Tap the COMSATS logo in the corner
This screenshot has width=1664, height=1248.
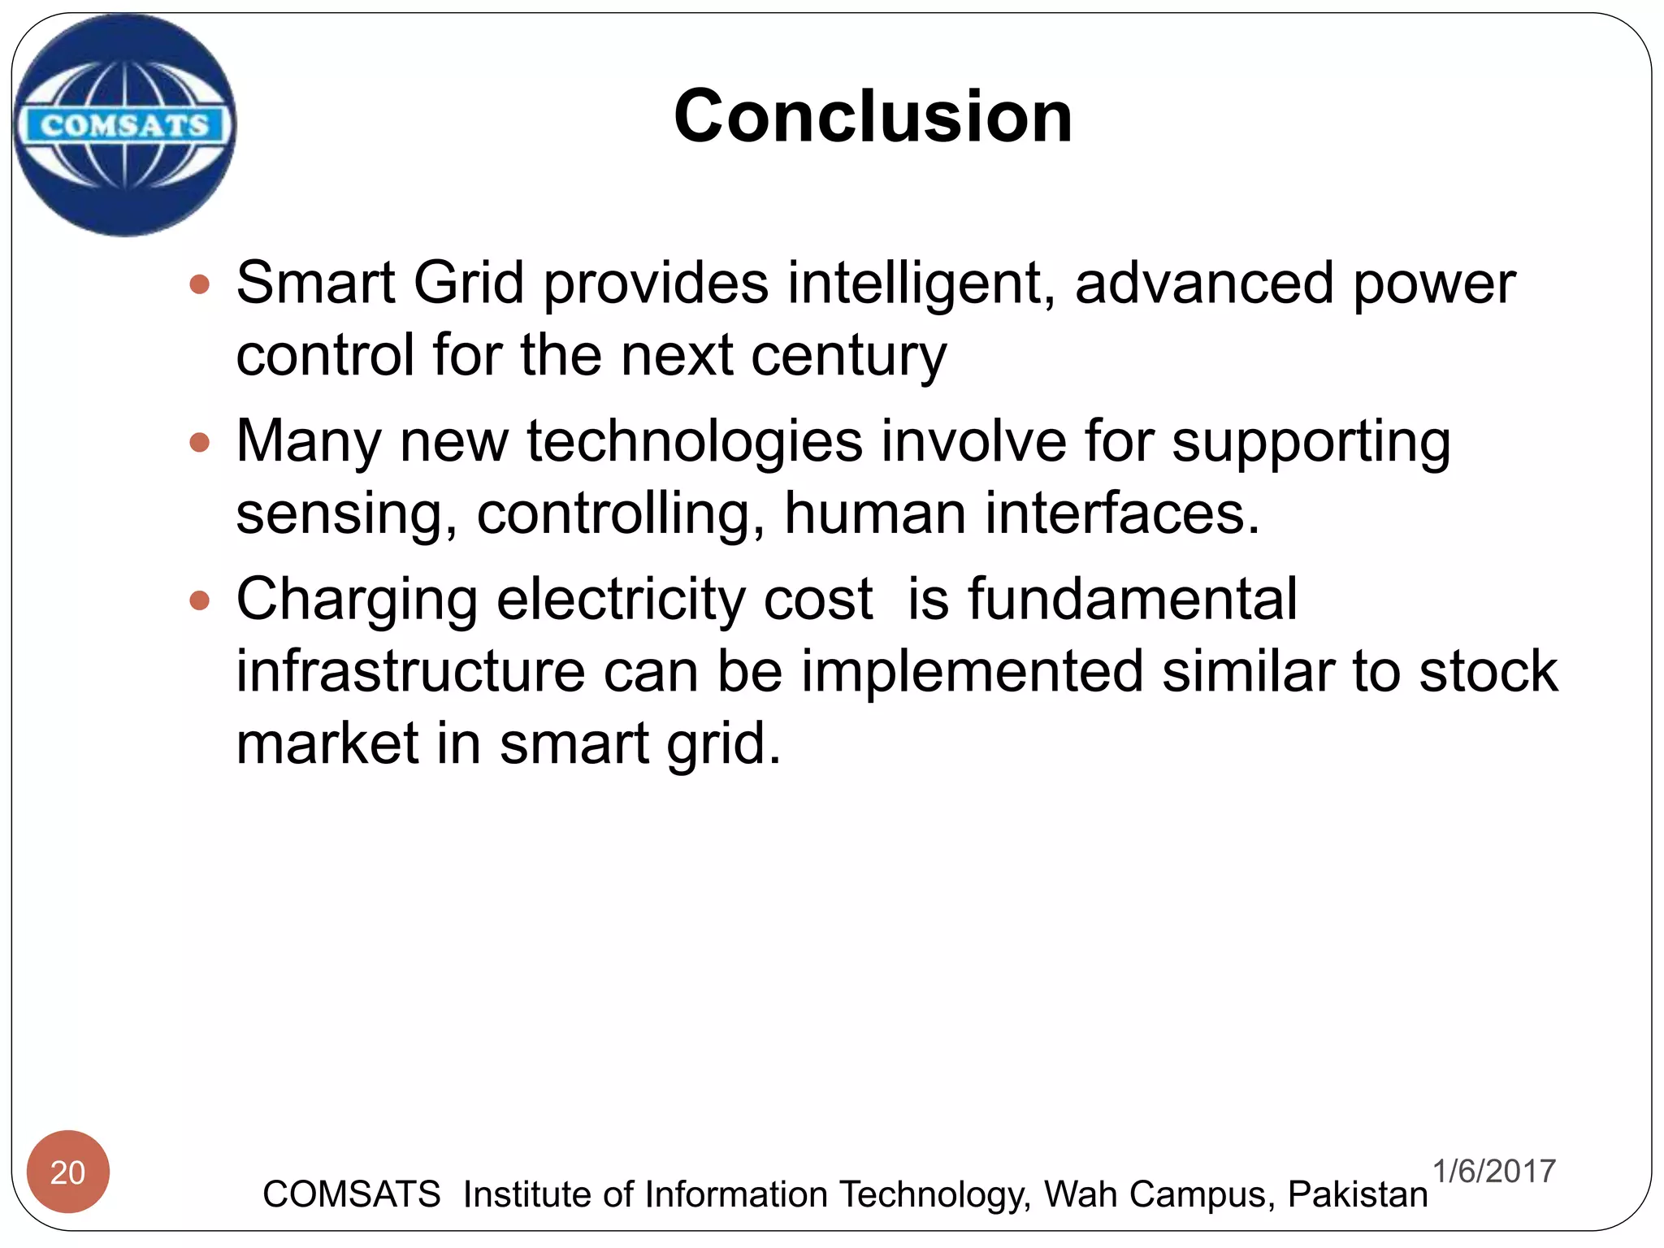(x=125, y=125)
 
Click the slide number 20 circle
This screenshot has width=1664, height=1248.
(x=68, y=1172)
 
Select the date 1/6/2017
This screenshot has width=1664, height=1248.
(x=1493, y=1171)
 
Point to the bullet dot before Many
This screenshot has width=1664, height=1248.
(x=199, y=443)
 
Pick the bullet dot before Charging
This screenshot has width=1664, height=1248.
(x=199, y=601)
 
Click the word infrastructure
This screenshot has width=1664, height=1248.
(x=410, y=671)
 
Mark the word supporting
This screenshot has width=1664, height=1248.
(x=1311, y=443)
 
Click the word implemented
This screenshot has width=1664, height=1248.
(x=972, y=671)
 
